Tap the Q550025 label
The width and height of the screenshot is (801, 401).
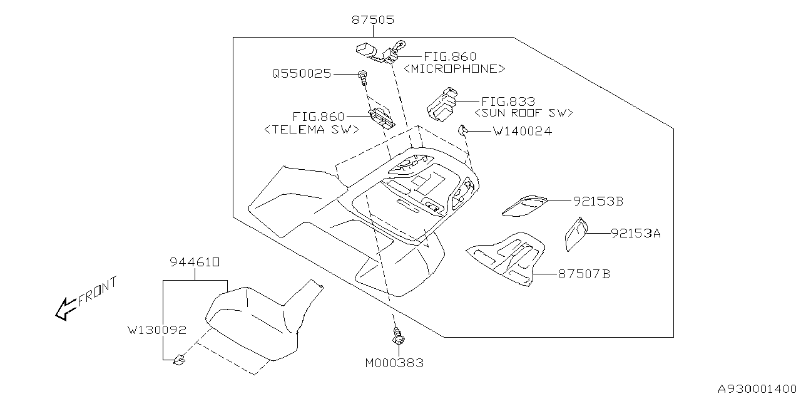coord(301,73)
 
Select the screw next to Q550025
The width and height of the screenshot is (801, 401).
coord(362,77)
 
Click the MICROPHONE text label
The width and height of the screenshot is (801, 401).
coord(454,69)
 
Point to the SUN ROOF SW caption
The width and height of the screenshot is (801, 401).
coord(524,113)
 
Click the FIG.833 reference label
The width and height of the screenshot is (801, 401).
coord(508,102)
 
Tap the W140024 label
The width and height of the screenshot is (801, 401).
coord(522,132)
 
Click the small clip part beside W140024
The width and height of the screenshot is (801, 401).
coord(462,130)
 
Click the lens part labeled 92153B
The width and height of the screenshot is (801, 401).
coord(524,205)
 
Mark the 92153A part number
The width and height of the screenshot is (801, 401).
coord(635,233)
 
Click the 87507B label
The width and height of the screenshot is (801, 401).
coord(584,274)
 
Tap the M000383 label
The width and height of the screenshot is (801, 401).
coord(394,362)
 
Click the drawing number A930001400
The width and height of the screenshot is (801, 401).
coord(755,388)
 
